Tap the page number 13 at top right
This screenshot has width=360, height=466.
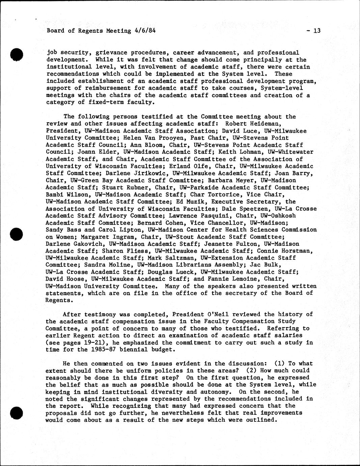(316, 31)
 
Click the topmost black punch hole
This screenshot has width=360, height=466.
(17, 54)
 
